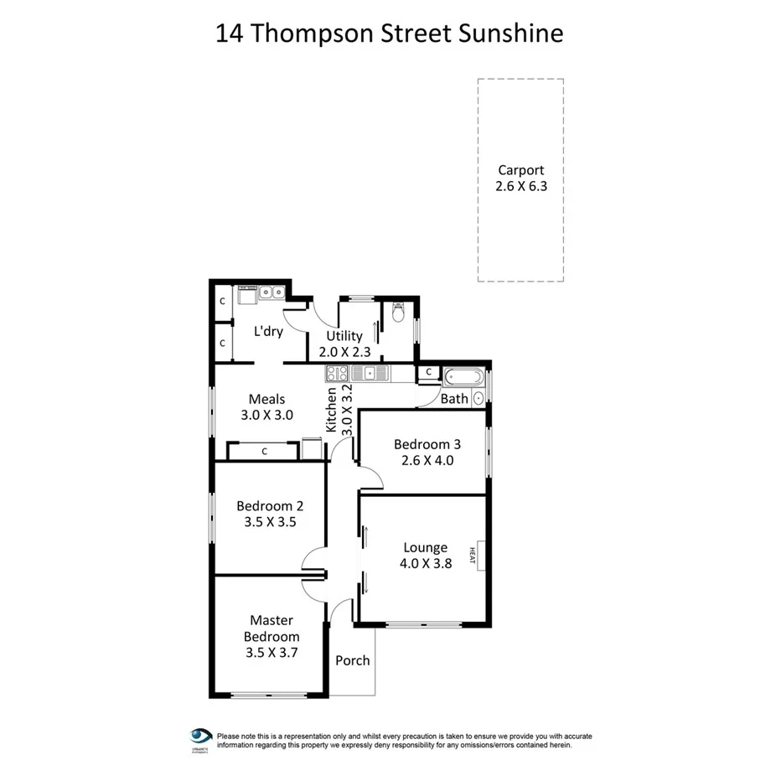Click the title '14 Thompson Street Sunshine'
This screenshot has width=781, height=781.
click(390, 34)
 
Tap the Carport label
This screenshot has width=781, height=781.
click(520, 170)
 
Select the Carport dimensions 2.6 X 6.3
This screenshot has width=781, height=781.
click(520, 187)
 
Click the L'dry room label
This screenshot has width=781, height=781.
click(268, 331)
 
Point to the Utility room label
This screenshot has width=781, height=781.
click(344, 336)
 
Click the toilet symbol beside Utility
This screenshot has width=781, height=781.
click(398, 313)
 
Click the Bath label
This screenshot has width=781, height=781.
click(454, 399)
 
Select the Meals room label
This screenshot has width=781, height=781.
click(266, 399)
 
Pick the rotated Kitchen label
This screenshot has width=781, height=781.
click(332, 410)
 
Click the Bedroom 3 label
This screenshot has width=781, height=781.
click(427, 444)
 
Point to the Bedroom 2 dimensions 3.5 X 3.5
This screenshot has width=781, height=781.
click(269, 521)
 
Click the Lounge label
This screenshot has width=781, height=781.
click(426, 548)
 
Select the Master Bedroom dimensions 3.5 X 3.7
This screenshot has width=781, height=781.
click(272, 652)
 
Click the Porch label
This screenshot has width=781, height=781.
click(352, 660)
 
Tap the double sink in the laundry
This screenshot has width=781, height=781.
click(272, 292)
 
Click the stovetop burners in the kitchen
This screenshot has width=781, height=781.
click(337, 374)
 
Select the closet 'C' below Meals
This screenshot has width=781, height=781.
click(264, 452)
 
